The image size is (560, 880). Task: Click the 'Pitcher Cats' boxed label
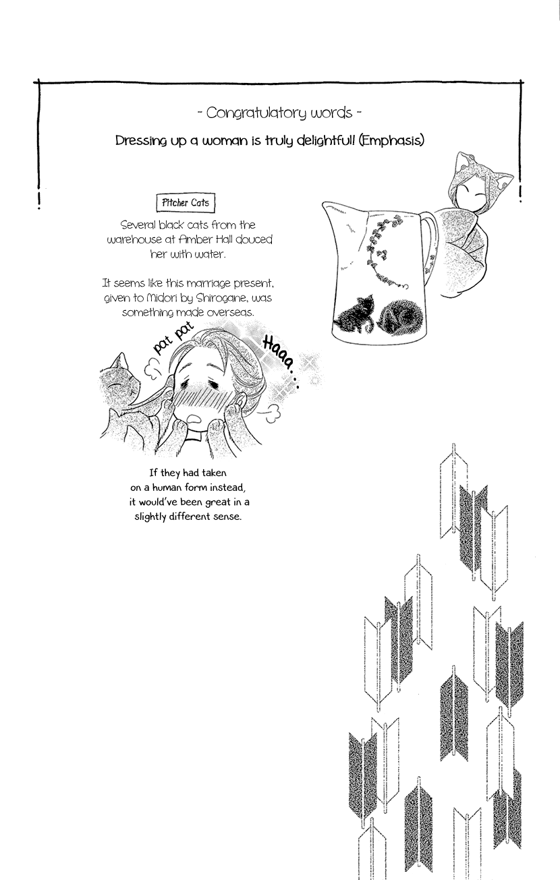(x=186, y=202)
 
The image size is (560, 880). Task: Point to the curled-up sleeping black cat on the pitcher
(x=400, y=316)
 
